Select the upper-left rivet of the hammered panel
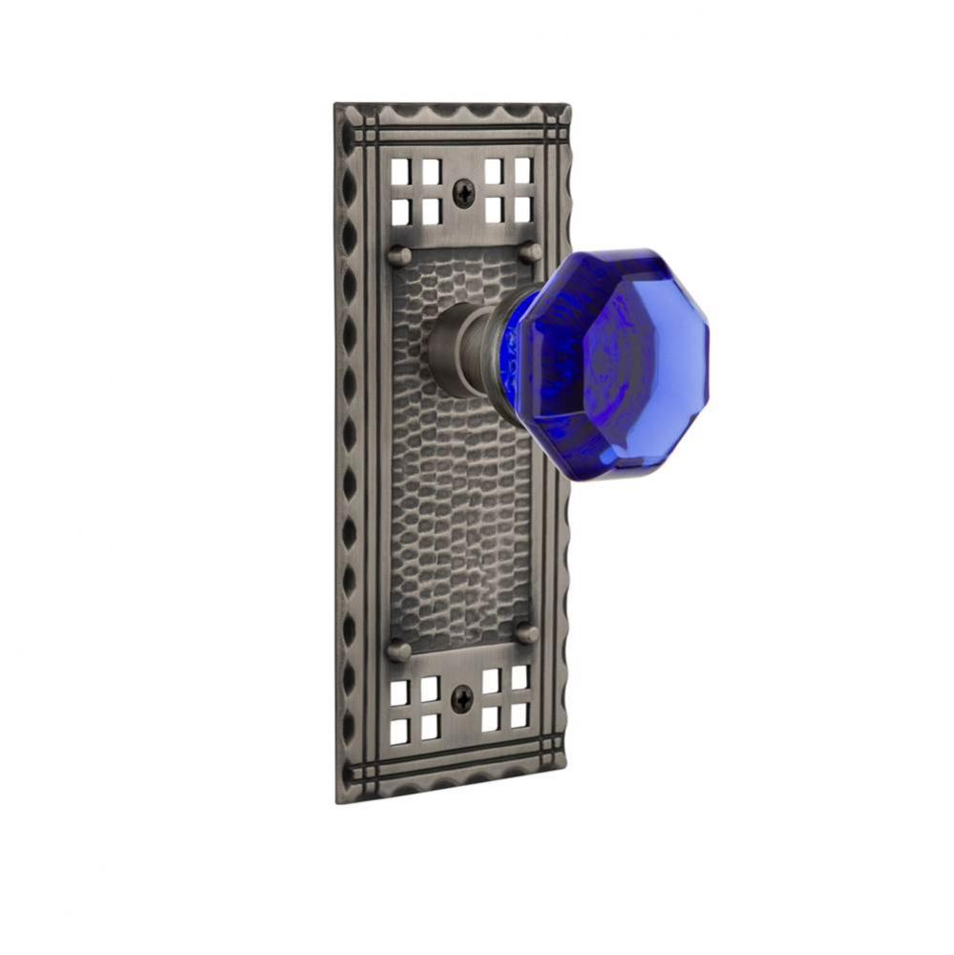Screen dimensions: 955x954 [400, 255]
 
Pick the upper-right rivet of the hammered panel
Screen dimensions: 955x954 [531, 252]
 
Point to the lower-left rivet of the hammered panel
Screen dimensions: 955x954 [399, 650]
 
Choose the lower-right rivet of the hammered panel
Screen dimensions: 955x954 [526, 633]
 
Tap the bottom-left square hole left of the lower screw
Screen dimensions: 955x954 [400, 731]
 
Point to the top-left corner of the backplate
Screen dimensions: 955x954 [336, 105]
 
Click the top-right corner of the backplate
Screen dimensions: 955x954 [570, 104]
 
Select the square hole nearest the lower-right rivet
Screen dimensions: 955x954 [519, 677]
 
